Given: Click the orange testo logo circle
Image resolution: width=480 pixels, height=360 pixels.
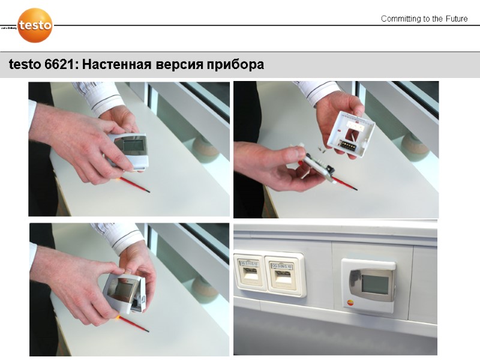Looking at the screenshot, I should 35,25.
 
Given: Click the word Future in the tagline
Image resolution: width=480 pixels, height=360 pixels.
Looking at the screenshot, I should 455,19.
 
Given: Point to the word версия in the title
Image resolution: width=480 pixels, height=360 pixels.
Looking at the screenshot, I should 179,64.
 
